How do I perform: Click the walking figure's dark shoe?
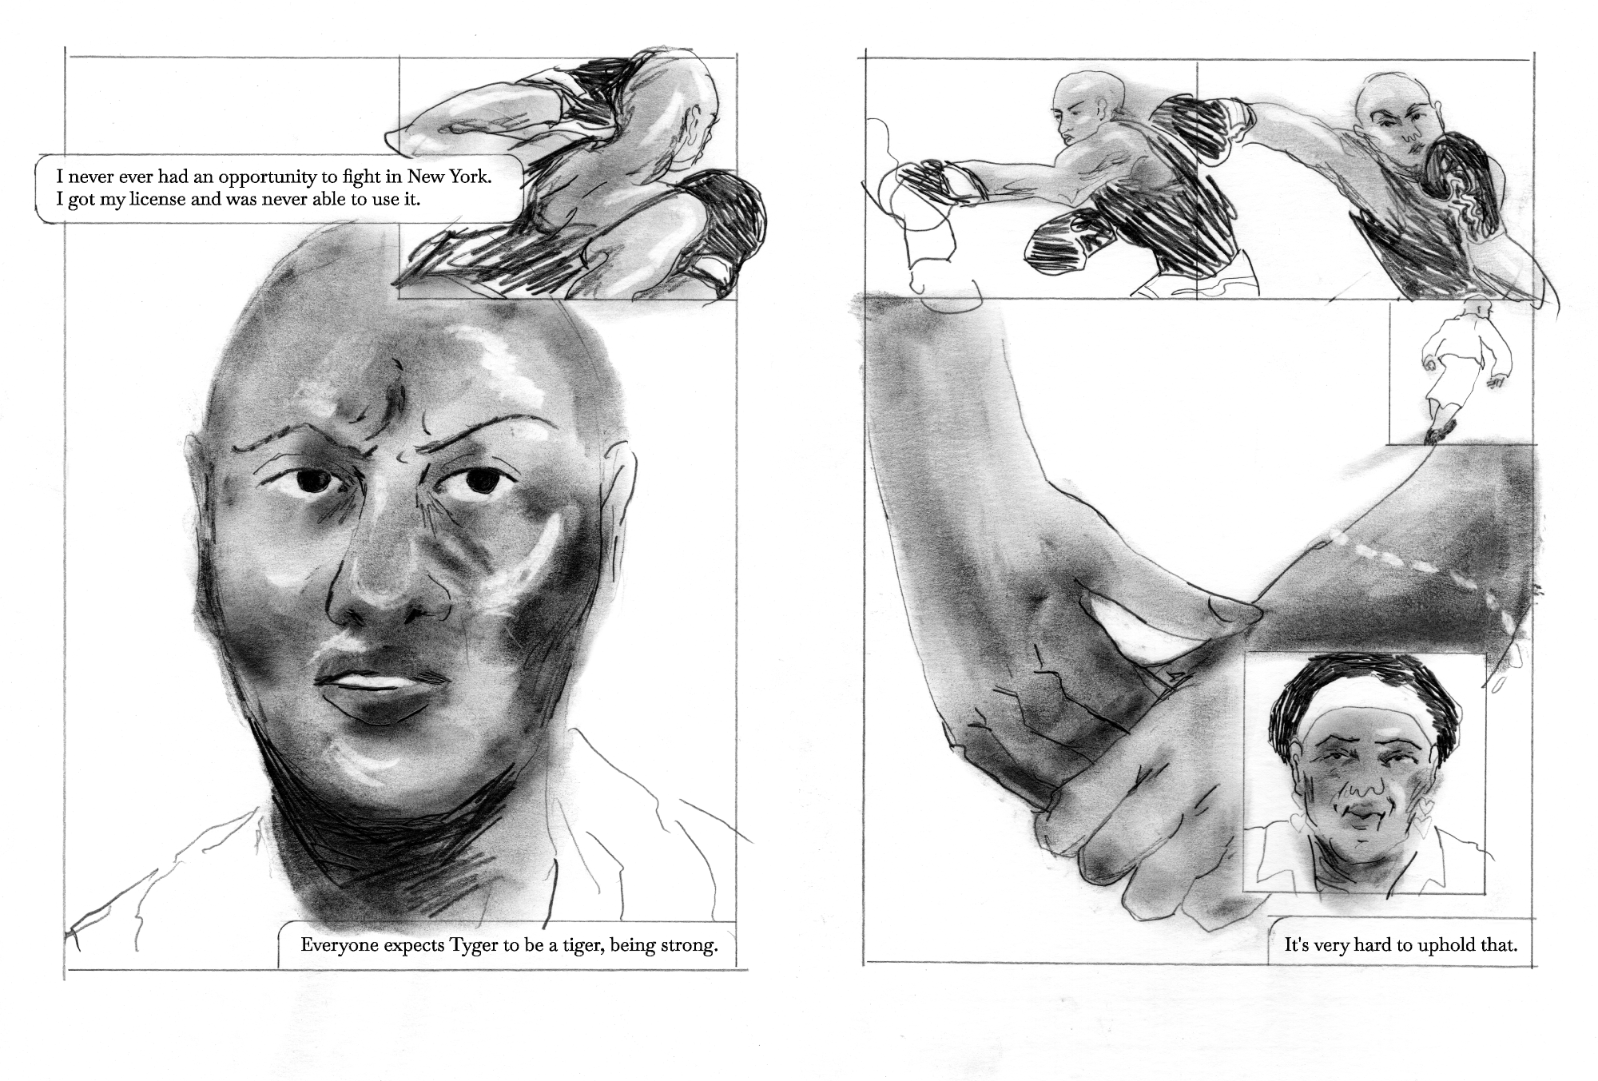point(1440,432)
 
